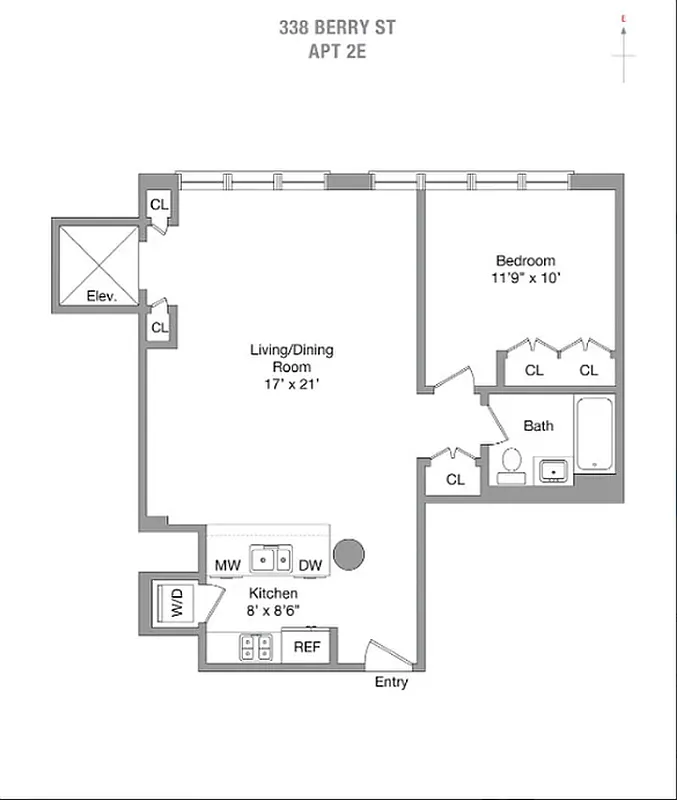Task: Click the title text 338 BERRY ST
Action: point(337,27)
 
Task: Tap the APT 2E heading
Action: point(337,49)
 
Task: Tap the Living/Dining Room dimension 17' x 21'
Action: point(291,384)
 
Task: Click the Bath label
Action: point(538,426)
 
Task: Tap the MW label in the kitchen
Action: point(227,566)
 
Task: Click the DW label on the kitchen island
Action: point(310,566)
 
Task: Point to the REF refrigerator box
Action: point(306,647)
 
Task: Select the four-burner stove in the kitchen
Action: point(256,647)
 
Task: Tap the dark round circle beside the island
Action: point(349,555)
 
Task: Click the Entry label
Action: point(391,683)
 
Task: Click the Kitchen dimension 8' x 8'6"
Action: point(271,611)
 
